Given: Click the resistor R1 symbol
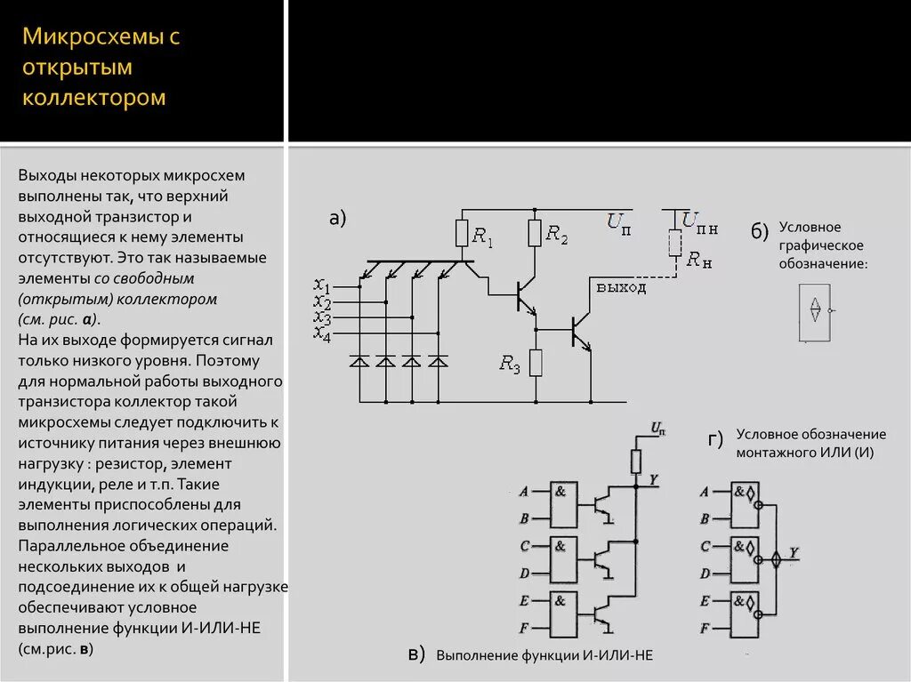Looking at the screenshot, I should (x=461, y=234).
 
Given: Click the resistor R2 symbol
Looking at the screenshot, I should (x=535, y=233).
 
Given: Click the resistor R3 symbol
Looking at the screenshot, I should (x=536, y=363).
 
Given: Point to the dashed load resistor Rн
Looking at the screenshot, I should (x=675, y=243).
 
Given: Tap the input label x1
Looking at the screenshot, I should (x=322, y=286).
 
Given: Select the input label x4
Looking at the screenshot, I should (x=322, y=332).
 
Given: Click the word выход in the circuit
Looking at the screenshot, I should (x=621, y=288).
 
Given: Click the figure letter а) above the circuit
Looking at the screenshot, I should (x=337, y=219).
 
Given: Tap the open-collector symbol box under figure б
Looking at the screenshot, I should (x=815, y=313).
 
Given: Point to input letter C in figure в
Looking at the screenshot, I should (x=524, y=546).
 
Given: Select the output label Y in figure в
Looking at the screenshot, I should (x=654, y=480).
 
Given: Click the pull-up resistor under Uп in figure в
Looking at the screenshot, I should (x=636, y=461).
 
